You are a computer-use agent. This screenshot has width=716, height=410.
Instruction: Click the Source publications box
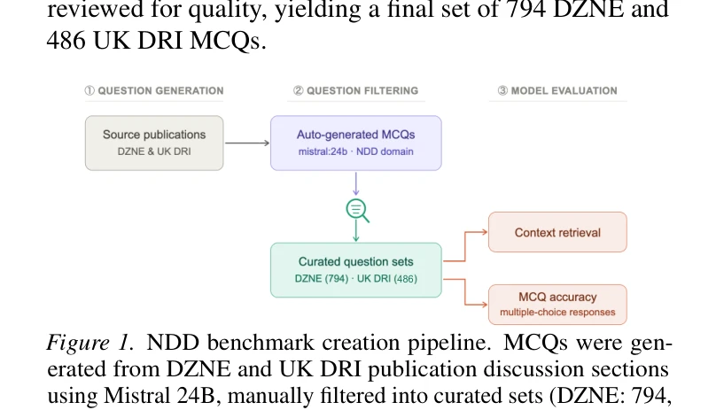tap(154, 143)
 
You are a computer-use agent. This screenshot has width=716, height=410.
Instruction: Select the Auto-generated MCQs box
tap(356, 143)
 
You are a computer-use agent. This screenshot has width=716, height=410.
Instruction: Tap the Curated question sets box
tap(356, 270)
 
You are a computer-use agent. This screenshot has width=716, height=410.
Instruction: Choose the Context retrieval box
tap(557, 232)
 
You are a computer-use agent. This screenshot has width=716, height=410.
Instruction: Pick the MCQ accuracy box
tap(557, 305)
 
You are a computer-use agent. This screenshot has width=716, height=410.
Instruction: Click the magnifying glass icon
tap(357, 211)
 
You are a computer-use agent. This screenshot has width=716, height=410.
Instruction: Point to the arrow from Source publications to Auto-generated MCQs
tap(247, 143)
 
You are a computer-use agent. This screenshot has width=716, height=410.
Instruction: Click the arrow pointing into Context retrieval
tap(465, 246)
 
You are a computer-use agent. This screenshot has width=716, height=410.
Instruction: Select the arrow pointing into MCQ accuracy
tap(465, 291)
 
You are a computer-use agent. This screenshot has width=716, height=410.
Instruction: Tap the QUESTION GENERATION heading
tap(154, 91)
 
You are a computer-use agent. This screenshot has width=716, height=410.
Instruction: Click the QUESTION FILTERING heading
tap(356, 91)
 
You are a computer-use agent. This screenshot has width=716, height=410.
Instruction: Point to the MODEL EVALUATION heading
tap(557, 91)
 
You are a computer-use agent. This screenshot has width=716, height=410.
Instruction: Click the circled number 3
tap(502, 91)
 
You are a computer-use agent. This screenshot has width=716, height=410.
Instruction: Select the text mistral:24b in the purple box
tap(323, 151)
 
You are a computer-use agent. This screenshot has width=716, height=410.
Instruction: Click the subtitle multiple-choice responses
tap(557, 313)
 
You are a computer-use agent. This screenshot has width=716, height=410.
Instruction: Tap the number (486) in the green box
tap(406, 279)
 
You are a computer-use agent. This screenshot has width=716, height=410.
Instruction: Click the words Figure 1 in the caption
tap(90, 343)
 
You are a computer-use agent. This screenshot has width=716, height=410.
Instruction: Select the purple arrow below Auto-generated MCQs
tap(356, 184)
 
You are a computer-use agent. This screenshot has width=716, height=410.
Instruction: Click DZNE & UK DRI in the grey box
tap(154, 151)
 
